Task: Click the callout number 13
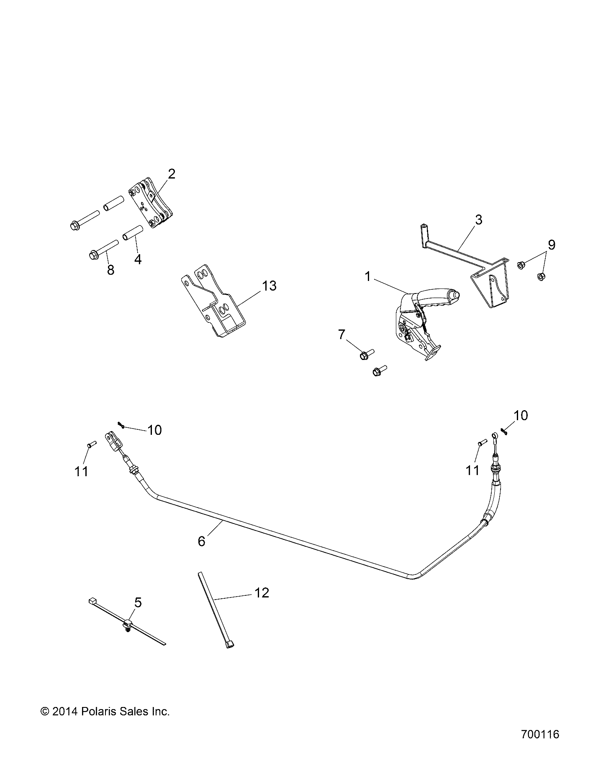[x=270, y=286]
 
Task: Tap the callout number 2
[x=172, y=174]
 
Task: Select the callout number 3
[x=479, y=219]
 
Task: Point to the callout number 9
[x=552, y=245]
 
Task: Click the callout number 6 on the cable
[x=202, y=541]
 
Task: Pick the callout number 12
[x=262, y=593]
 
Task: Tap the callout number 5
[x=138, y=602]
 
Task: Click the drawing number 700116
[x=540, y=734]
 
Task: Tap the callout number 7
[x=341, y=335]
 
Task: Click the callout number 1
[x=368, y=277]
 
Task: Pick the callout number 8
[x=110, y=270]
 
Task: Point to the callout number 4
[x=138, y=260]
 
